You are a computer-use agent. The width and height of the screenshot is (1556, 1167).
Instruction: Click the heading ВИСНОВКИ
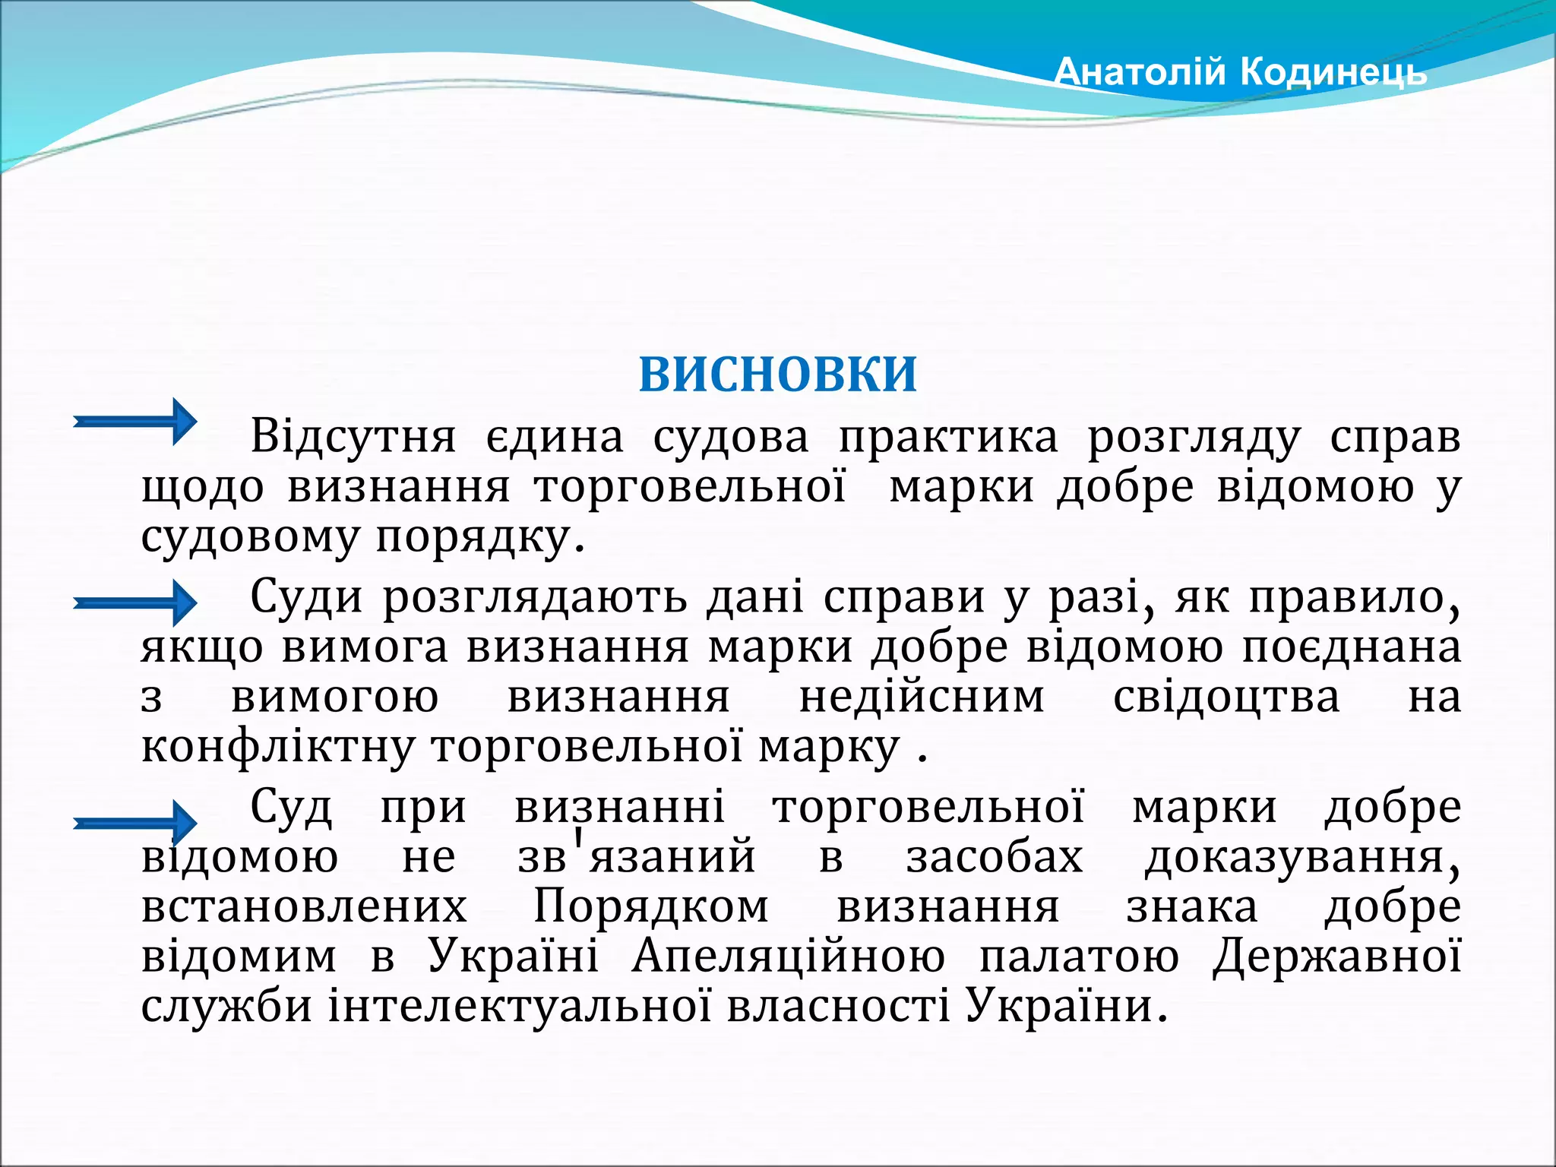pos(778,375)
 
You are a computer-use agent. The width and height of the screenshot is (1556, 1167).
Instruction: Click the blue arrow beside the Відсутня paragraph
pos(135,421)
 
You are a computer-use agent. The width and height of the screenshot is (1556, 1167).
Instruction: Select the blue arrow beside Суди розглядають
pos(135,602)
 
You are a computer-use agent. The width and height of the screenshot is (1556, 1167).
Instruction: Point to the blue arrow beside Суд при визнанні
pos(135,822)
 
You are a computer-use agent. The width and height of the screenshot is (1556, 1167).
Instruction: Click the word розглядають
pos(535,598)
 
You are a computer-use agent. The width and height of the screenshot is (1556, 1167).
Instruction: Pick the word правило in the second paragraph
pos(1354,598)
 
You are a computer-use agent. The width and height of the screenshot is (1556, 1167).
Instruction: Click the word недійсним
pos(922,697)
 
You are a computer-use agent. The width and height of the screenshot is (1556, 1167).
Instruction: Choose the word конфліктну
pos(277,748)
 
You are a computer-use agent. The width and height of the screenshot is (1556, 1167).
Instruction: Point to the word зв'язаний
pos(637,857)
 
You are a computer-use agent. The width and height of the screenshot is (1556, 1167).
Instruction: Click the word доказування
pos(1301,857)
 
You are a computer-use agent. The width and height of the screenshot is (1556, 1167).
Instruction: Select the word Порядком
pos(651,907)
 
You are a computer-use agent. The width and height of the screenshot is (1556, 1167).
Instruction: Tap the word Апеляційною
pos(789,957)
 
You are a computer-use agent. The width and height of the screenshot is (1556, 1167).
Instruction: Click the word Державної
pos(1336,957)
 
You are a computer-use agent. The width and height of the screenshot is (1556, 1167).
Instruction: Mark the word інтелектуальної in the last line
pos(520,1007)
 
